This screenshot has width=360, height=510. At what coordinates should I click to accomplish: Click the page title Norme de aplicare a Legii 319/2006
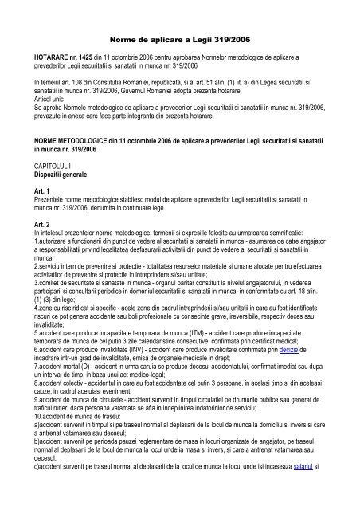click(x=179, y=37)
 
